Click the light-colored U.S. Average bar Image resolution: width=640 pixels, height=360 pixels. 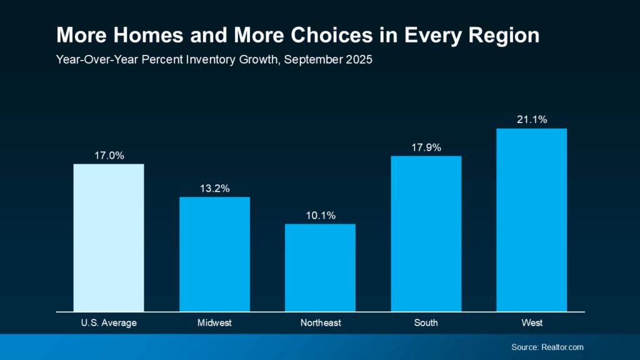tap(109, 237)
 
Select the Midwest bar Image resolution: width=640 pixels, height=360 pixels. tap(214, 254)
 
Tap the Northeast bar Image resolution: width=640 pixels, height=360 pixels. tap(320, 267)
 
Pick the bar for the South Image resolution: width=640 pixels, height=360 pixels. tap(426, 233)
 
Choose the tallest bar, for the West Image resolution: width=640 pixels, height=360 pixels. tap(532, 219)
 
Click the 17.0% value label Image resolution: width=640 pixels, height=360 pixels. tap(109, 156)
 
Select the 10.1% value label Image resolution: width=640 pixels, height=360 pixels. tap(320, 216)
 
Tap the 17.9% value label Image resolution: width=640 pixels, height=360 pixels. tap(426, 148)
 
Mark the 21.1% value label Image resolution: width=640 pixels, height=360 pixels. tap(532, 120)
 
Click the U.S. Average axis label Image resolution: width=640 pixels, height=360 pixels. tap(109, 323)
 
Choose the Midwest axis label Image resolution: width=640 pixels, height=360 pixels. tap(214, 323)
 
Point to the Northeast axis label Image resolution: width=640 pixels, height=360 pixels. tap(320, 323)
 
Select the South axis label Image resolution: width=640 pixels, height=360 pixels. tap(426, 323)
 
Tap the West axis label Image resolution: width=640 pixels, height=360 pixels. tap(532, 323)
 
